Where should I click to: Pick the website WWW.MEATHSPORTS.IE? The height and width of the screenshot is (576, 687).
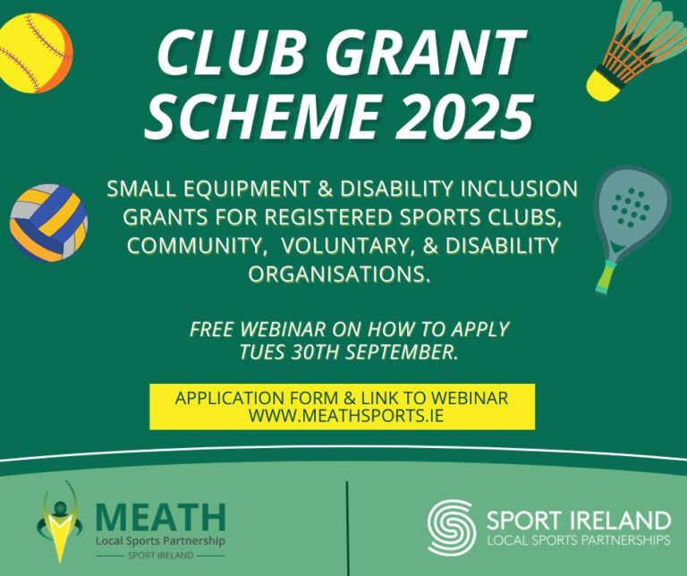pos(343,416)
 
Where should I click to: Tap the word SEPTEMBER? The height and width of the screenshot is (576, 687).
pos(398,352)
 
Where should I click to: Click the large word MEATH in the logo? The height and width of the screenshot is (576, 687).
pos(160,517)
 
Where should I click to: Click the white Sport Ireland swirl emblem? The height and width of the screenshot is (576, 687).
pos(451,527)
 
